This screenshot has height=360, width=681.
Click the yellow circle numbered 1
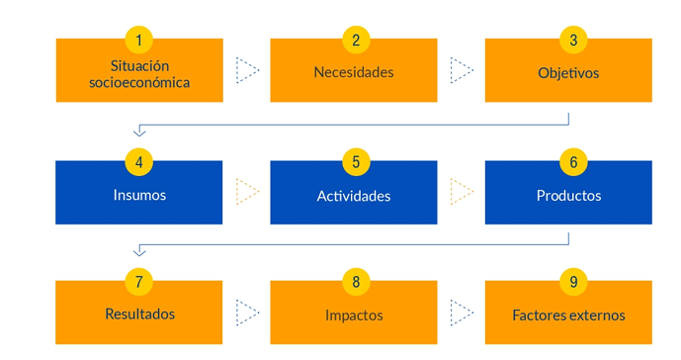[x=139, y=41]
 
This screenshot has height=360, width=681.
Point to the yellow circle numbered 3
[x=570, y=41]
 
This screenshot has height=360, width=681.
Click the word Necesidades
[x=354, y=71]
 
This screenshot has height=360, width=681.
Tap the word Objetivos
[x=568, y=72]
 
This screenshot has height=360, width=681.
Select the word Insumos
[x=139, y=195]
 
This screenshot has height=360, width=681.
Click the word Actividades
[x=354, y=196]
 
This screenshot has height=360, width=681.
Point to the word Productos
[x=568, y=195]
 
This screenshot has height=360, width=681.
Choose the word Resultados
[x=139, y=315]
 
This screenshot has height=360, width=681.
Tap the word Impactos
[x=354, y=315]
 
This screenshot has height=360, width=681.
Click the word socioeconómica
[x=139, y=83]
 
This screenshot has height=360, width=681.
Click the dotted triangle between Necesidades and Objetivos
[x=462, y=70]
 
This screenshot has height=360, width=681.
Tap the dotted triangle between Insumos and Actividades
[x=247, y=191]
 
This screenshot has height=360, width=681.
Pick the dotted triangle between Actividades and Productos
[x=462, y=191]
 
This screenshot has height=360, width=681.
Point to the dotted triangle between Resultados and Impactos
[x=247, y=313]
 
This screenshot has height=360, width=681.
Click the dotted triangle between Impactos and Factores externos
[x=462, y=313]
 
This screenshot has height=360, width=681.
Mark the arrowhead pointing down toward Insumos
[x=139, y=132]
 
